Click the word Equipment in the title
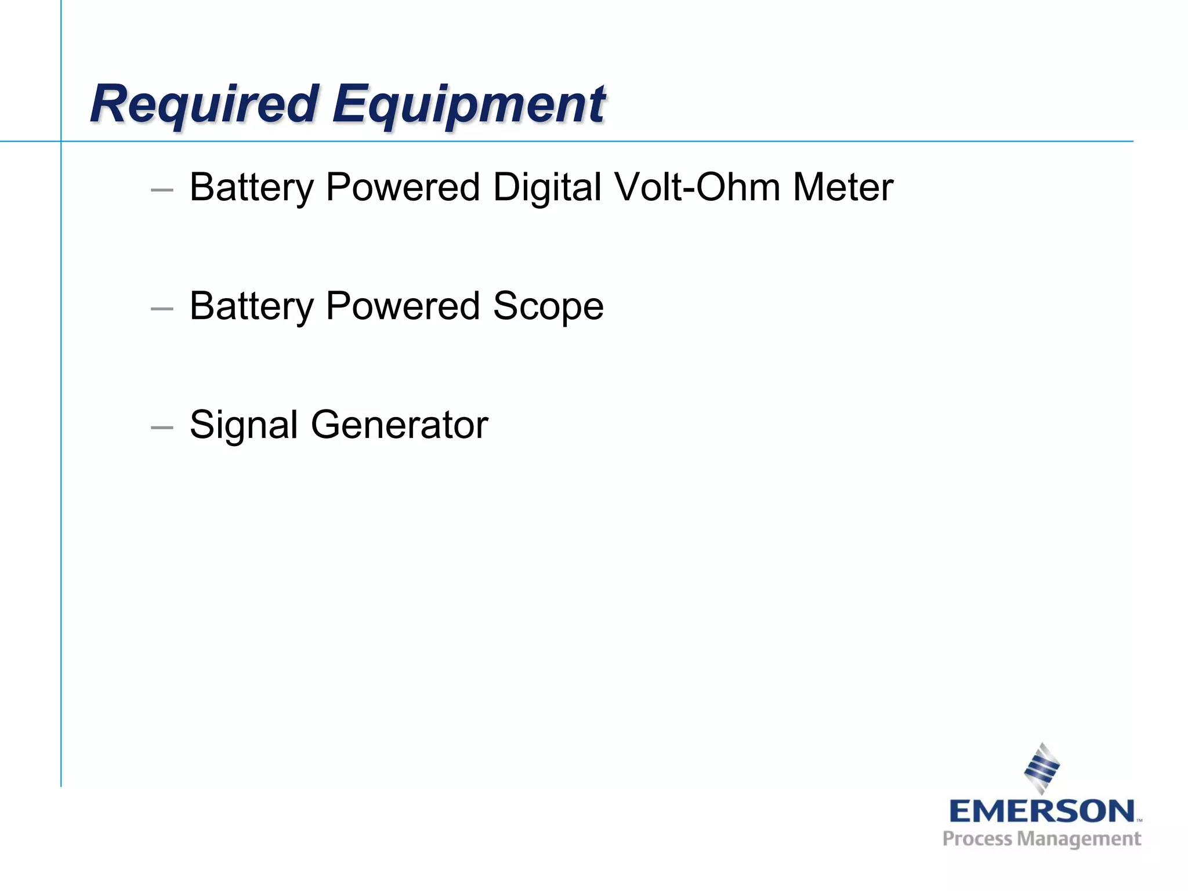click(469, 104)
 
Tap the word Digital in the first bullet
click(547, 187)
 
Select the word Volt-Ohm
click(697, 187)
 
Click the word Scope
click(548, 306)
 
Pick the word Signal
click(244, 425)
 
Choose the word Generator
click(400, 425)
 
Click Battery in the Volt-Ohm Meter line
click(252, 187)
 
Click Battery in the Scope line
click(252, 306)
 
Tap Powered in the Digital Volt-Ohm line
click(403, 187)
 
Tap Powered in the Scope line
click(403, 306)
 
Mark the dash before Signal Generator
click(162, 428)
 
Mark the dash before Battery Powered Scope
click(162, 309)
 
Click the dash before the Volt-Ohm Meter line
click(162, 190)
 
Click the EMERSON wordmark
click(1042, 811)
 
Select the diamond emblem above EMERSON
click(1042, 768)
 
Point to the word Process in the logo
click(977, 839)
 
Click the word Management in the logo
click(1080, 839)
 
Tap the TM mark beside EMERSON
click(1139, 820)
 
